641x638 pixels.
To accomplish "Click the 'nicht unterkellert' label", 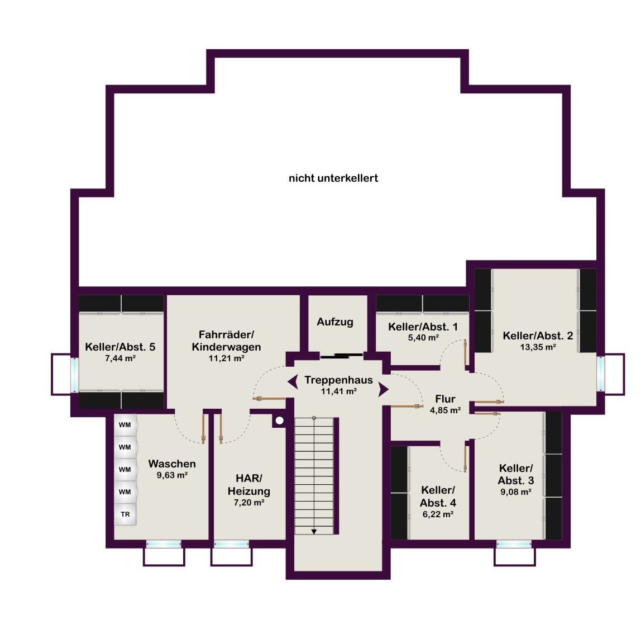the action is click(x=333, y=178).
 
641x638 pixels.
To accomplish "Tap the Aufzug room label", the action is click(x=335, y=322).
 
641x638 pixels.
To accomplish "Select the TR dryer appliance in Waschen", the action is click(x=125, y=514).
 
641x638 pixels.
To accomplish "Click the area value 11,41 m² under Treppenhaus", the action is click(x=338, y=391).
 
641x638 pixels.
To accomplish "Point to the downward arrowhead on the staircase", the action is click(x=314, y=532).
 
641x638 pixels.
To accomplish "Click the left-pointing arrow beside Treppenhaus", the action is click(x=292, y=381).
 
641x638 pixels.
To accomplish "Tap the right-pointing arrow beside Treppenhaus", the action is click(x=384, y=389).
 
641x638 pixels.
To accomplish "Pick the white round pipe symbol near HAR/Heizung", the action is click(x=280, y=420).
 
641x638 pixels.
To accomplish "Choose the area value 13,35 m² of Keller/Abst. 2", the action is click(x=538, y=347).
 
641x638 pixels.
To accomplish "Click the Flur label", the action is click(x=445, y=399).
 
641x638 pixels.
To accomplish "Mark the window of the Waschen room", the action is click(x=164, y=544).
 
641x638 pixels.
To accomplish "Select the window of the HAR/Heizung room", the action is click(x=231, y=544).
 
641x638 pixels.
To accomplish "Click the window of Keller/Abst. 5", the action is click(x=75, y=375).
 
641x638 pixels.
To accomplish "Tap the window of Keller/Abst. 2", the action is click(x=601, y=374).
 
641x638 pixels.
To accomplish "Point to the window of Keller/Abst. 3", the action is click(x=514, y=544).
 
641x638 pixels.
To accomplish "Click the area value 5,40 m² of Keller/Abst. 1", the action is click(x=423, y=338).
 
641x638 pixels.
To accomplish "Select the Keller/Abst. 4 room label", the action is click(x=438, y=497).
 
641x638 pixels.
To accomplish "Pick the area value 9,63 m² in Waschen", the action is click(x=172, y=475).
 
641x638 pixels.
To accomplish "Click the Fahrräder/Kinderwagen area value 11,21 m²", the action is click(x=227, y=358).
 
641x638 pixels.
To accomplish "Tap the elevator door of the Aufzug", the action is click(x=341, y=355).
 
